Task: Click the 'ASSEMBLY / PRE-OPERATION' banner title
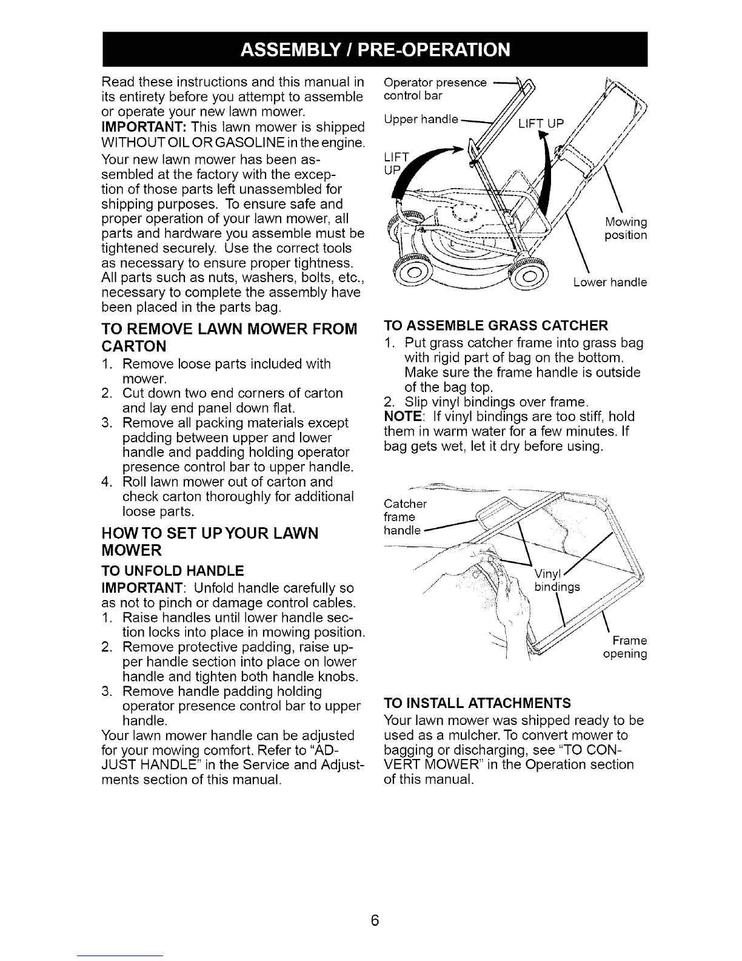click(375, 49)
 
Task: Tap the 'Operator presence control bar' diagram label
click(435, 89)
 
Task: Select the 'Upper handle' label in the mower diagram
click(421, 119)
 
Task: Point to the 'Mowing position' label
click(626, 228)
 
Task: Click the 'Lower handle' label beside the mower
click(610, 282)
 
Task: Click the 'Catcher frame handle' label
click(405, 517)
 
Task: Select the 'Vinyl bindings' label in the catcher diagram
click(557, 580)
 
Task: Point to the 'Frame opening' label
click(625, 647)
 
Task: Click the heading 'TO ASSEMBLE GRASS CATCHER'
click(496, 326)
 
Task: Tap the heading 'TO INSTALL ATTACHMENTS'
click(477, 703)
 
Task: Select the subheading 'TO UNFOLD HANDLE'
click(173, 570)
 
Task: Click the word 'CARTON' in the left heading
click(134, 346)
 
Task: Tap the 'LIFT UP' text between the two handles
click(541, 123)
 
